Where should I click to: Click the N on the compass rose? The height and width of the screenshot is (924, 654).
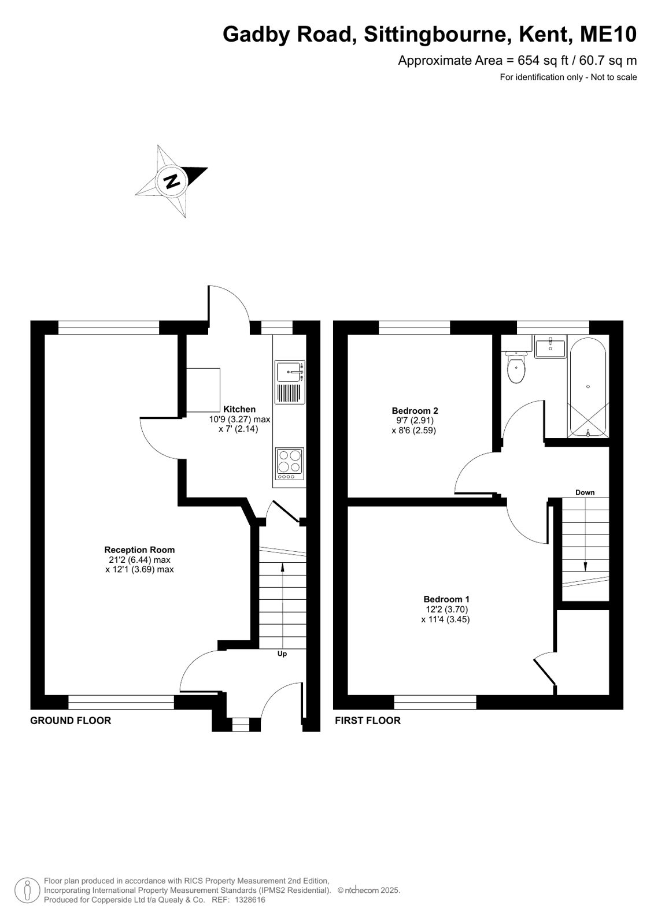(x=171, y=180)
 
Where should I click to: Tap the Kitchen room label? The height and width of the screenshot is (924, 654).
(x=239, y=409)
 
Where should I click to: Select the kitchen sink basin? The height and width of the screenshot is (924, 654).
(x=289, y=372)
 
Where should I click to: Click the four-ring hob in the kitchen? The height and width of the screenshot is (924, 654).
(x=290, y=463)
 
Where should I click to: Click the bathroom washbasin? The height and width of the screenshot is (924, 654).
(x=550, y=346)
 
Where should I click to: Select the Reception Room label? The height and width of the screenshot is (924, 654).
(x=139, y=550)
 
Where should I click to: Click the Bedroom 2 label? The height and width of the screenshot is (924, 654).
(x=415, y=410)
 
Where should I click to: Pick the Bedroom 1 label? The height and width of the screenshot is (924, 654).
(x=446, y=599)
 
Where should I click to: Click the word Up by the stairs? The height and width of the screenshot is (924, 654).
(x=282, y=654)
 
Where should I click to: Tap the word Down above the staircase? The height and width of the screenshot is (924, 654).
(x=585, y=492)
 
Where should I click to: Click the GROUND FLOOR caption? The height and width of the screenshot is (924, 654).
(x=71, y=720)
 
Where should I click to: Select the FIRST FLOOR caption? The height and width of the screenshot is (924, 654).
(x=367, y=720)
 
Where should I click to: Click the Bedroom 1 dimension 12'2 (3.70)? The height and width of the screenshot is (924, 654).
(x=447, y=609)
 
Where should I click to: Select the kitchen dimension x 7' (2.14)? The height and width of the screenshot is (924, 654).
(x=238, y=429)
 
